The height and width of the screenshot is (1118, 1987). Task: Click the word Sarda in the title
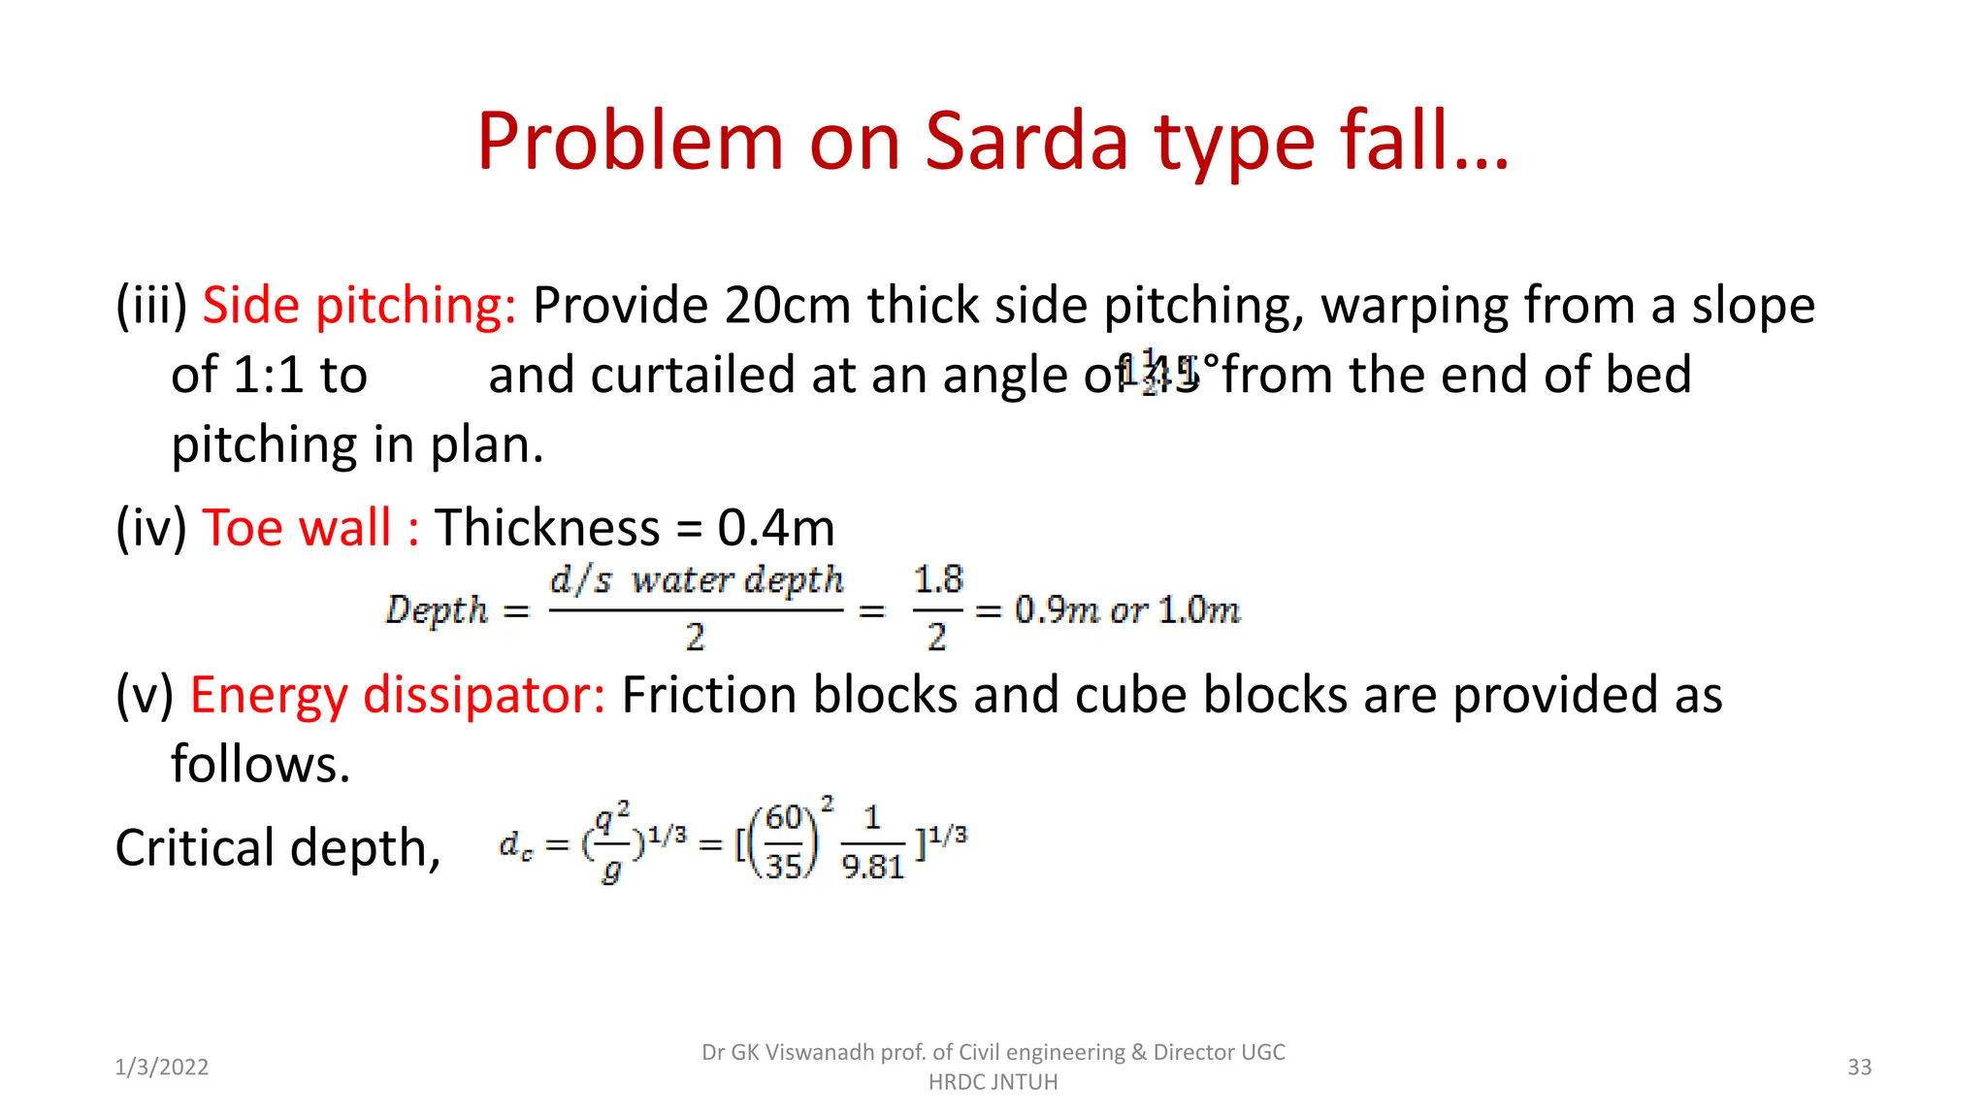(1026, 142)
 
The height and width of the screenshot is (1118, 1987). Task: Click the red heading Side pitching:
(359, 306)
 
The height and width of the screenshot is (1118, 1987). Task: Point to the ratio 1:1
(269, 376)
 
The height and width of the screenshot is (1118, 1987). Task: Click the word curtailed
(694, 376)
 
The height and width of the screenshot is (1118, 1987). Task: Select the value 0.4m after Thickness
(776, 528)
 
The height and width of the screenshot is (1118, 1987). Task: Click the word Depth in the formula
(437, 610)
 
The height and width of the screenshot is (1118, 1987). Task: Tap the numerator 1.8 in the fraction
(938, 580)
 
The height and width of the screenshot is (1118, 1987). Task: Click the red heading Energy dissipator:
(397, 695)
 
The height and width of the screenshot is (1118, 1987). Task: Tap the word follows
(259, 764)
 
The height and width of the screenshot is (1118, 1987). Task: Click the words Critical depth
(277, 847)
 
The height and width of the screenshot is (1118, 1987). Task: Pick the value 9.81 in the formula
(873, 867)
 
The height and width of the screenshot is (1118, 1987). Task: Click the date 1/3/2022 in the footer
(162, 1068)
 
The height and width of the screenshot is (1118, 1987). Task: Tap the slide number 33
(1859, 1068)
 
